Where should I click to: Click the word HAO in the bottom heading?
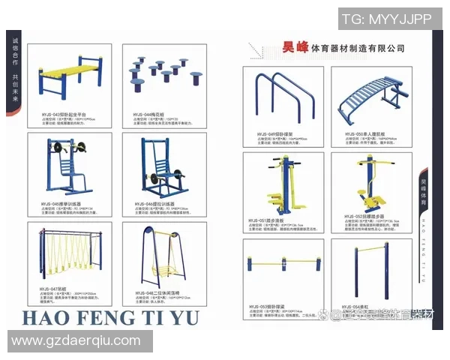point(45,318)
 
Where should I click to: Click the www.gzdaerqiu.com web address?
point(76,341)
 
